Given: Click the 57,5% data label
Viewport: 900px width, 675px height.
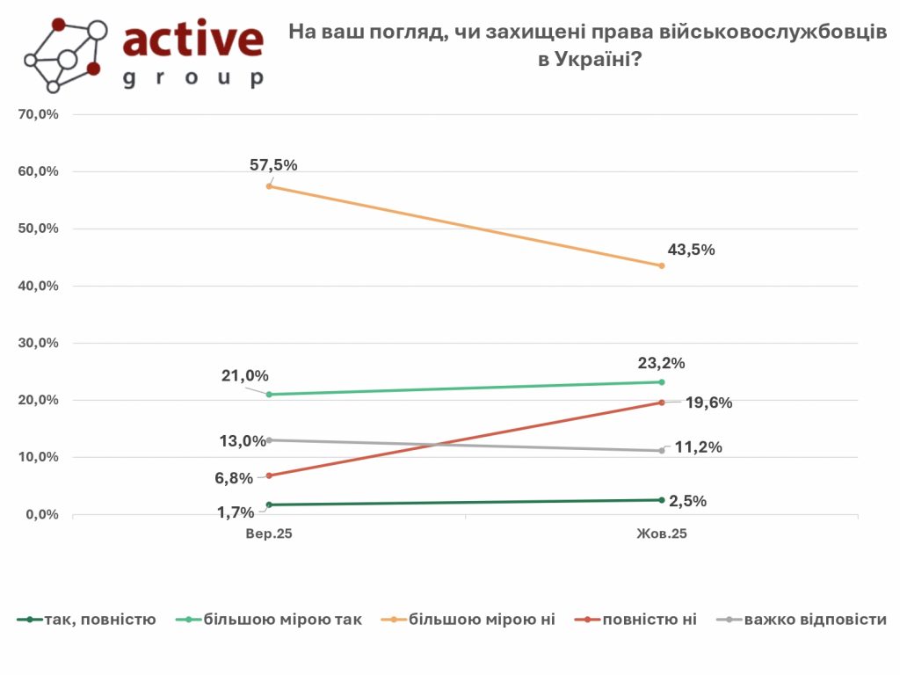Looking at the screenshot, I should tap(273, 164).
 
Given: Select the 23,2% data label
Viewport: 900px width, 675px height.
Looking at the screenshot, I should tap(660, 362).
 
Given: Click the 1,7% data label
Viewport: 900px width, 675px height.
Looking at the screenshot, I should tap(236, 512).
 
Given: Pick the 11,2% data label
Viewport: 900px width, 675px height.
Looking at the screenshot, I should tap(698, 447).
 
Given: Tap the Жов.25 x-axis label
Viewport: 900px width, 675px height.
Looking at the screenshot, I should tap(661, 533).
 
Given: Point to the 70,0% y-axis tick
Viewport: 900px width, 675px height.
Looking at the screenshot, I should tap(38, 114).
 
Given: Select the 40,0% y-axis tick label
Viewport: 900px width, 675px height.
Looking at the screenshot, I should tap(38, 286).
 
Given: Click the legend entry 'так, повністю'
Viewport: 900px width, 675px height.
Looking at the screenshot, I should tap(97, 620).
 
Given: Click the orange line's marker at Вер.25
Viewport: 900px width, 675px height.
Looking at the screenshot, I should tap(268, 186).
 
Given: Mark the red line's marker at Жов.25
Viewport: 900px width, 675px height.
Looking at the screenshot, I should tap(661, 403).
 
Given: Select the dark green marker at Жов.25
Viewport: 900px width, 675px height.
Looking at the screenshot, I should tap(661, 500).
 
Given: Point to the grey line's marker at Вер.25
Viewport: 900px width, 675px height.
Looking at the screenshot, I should tap(268, 440).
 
